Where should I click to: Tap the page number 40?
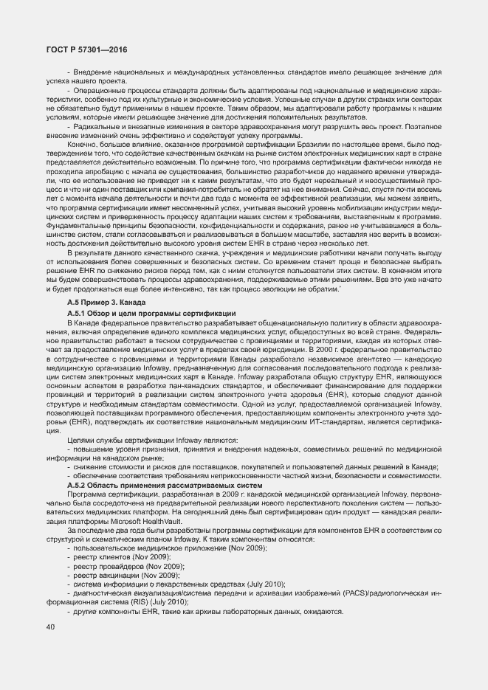pyautogui.click(x=51, y=627)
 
